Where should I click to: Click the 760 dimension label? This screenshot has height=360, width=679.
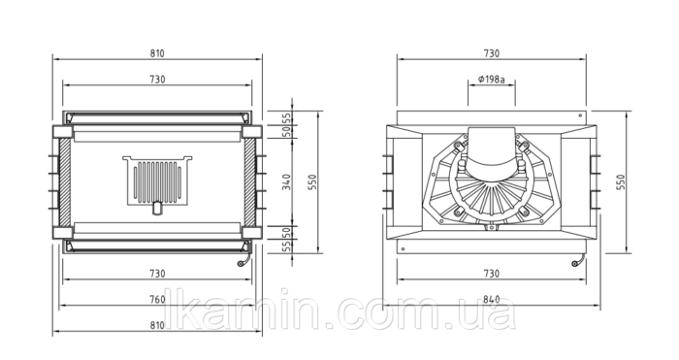click(x=157, y=299)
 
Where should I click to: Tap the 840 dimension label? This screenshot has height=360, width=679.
click(x=491, y=299)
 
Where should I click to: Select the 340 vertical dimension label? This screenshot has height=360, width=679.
click(x=286, y=182)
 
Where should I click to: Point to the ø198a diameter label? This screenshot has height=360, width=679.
click(x=492, y=80)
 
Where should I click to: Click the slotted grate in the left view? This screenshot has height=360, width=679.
click(x=157, y=180)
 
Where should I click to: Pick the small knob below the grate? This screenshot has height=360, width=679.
click(x=157, y=208)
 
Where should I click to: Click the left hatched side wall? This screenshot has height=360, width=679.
click(x=65, y=182)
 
